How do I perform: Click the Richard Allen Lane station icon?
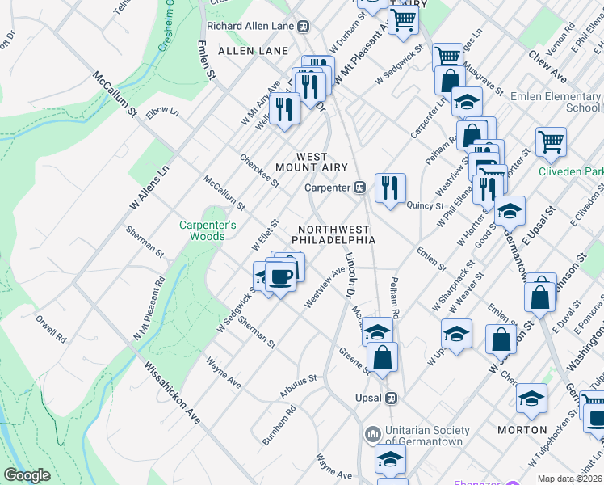(x=304, y=26)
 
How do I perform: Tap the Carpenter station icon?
(x=361, y=188)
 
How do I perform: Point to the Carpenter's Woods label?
(x=208, y=231)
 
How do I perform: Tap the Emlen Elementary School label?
(x=556, y=102)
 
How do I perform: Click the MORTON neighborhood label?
(x=522, y=430)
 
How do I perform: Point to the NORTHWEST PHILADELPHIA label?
(x=333, y=235)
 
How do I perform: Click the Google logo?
(x=27, y=475)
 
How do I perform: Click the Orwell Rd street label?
(x=50, y=328)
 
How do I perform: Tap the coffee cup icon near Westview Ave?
(x=280, y=277)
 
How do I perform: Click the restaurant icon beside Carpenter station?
(x=390, y=188)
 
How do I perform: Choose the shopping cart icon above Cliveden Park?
(x=551, y=141)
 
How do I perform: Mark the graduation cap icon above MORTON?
(x=531, y=398)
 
